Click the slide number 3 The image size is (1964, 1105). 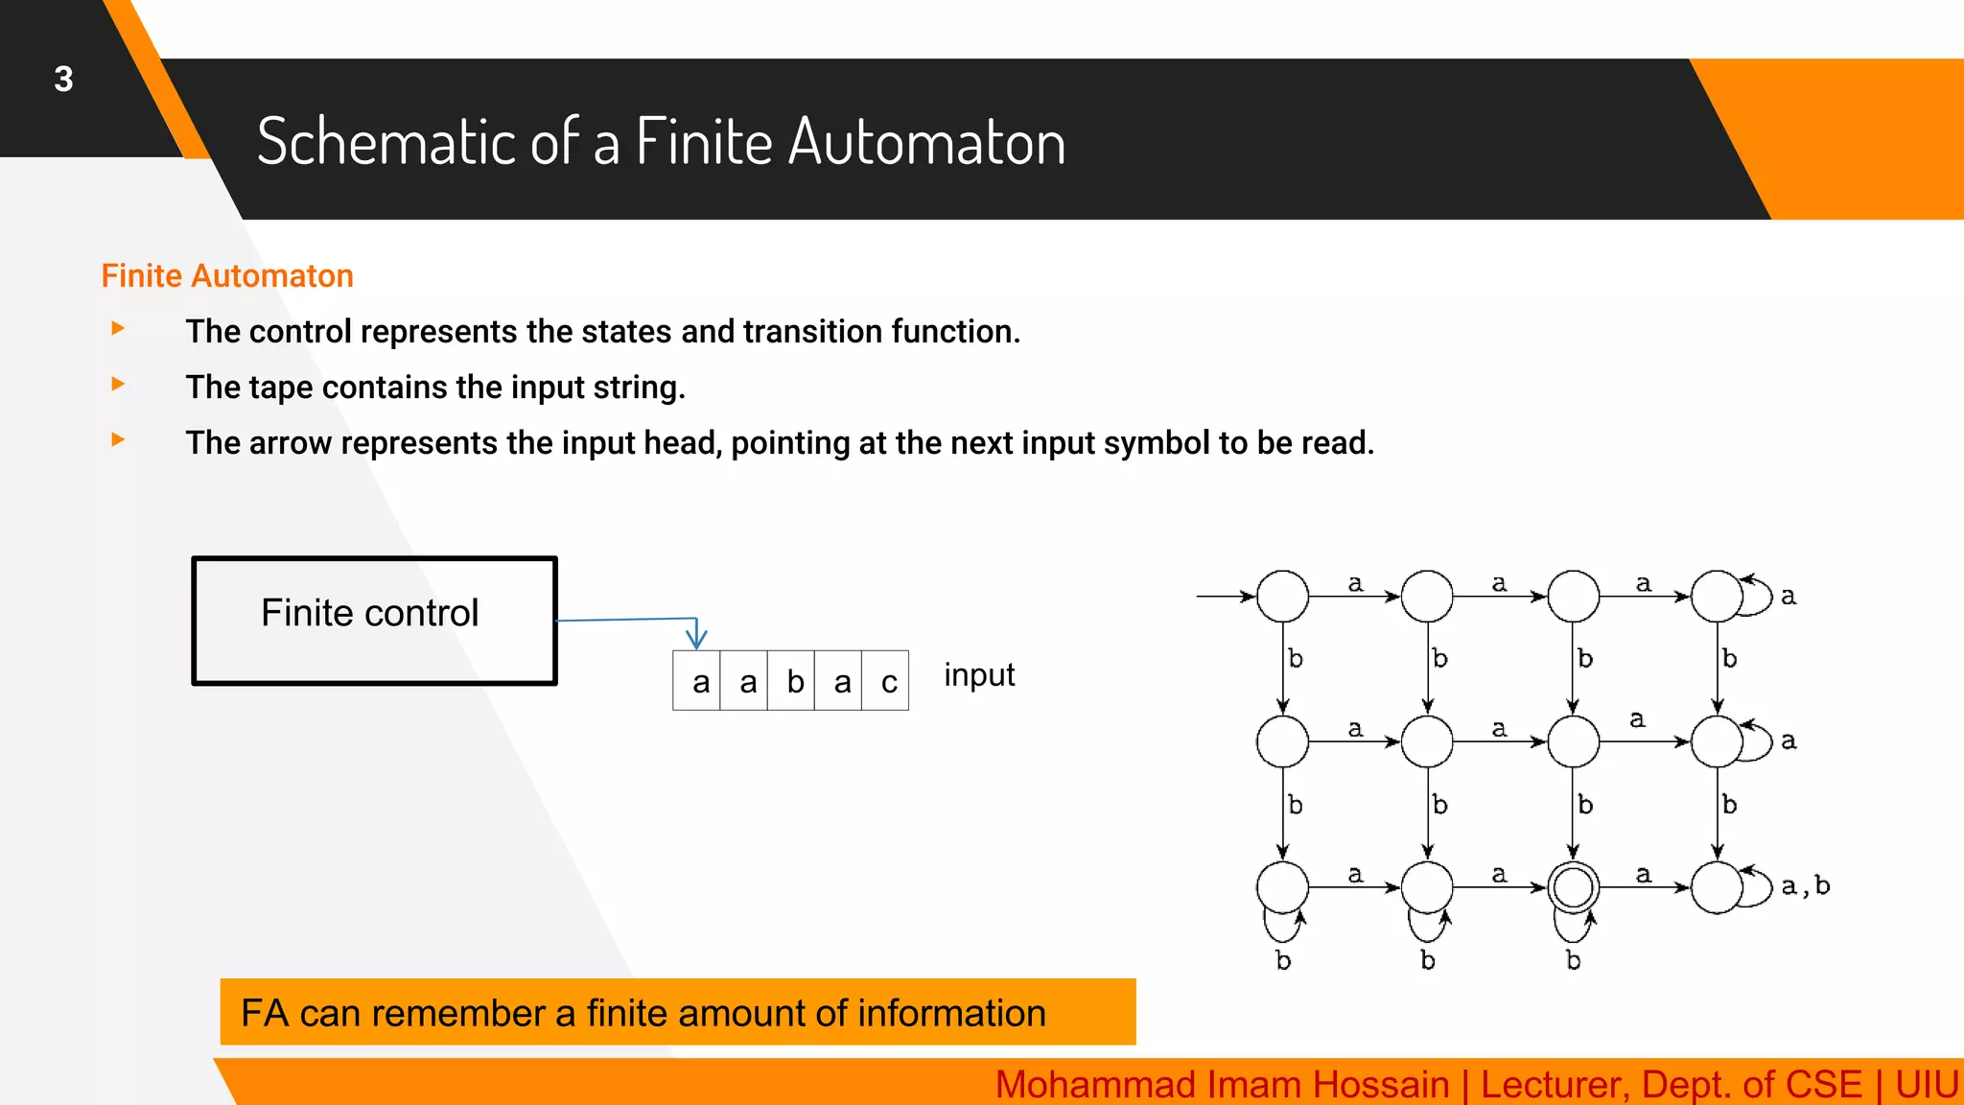coord(63,80)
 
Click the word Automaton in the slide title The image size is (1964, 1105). coord(927,143)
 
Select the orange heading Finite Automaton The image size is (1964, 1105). coord(227,276)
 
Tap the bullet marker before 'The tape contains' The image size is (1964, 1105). coord(118,385)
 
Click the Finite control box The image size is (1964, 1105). coord(374,621)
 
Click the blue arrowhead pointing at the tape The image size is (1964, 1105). coord(696,638)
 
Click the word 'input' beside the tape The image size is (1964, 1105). coord(978,675)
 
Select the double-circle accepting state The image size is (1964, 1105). coord(1573,887)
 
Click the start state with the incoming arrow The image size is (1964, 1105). coord(1282,597)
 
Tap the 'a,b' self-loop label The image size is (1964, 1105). coord(1805,886)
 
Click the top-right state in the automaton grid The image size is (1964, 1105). coord(1717,597)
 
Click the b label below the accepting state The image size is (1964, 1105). coord(1573,960)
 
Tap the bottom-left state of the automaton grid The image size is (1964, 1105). coord(1282,887)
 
